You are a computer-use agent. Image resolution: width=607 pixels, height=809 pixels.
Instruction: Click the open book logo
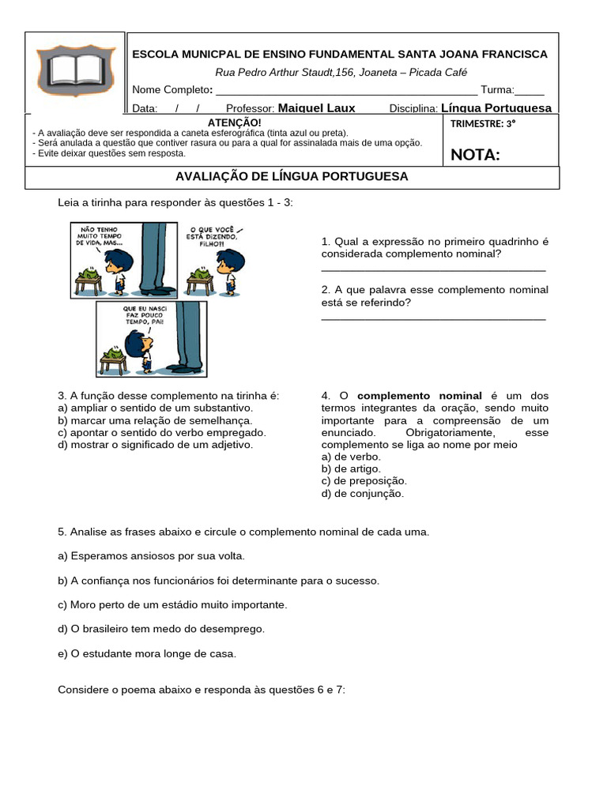tap(75, 72)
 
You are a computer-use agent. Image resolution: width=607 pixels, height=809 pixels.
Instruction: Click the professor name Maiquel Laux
tap(316, 108)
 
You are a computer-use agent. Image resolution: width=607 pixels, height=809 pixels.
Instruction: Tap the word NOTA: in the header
tap(475, 154)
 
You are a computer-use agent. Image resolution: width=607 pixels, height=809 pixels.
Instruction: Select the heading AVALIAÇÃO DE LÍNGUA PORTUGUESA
tap(292, 176)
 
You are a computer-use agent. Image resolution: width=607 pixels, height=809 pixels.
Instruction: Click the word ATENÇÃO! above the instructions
tap(233, 122)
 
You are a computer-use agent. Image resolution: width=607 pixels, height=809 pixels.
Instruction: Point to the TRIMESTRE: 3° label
tap(482, 123)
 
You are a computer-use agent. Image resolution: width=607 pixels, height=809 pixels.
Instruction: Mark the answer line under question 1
tap(433, 270)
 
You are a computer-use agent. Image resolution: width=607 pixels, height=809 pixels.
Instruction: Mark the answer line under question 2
tap(433, 318)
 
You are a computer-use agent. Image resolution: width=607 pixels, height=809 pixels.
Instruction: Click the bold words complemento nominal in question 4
tap(419, 395)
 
